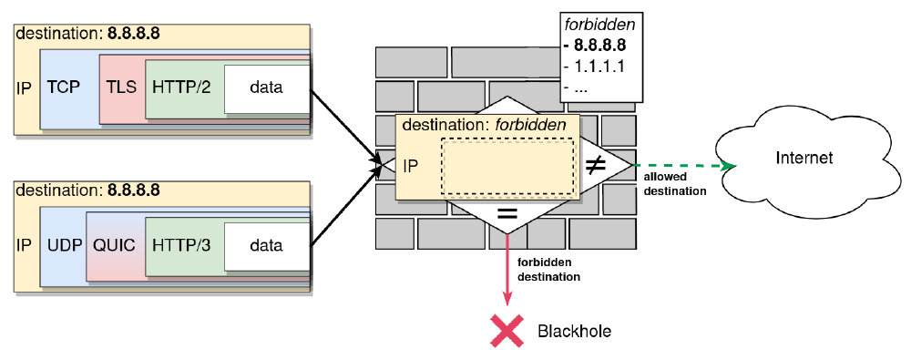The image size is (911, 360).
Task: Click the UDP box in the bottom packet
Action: coord(63,245)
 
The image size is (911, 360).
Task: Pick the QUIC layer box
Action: coord(114,245)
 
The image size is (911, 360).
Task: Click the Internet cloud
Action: coord(803,159)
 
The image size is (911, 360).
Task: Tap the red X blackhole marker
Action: coord(507,330)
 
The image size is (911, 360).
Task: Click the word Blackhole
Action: coord(574,331)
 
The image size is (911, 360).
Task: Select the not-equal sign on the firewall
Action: coord(596,165)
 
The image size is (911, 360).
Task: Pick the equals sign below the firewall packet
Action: coord(507,215)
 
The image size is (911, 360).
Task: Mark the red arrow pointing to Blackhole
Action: coord(507,273)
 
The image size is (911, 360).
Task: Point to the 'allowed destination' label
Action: coord(675,186)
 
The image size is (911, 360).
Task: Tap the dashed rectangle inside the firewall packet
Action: coord(507,167)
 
